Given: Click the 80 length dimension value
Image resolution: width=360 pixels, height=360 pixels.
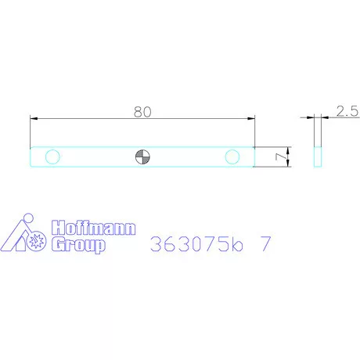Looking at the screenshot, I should [142, 111].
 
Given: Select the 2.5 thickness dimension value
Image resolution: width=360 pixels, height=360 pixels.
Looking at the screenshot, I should [347, 111].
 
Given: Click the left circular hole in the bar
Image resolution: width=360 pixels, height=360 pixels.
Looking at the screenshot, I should [52, 157].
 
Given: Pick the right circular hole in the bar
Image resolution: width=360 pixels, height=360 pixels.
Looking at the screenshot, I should [232, 157].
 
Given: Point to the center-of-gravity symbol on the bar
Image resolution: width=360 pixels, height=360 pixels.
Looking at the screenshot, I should [142, 157].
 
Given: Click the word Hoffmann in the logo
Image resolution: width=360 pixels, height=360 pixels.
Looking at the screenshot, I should [93, 229].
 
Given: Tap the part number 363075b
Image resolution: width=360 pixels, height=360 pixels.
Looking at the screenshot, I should [198, 243].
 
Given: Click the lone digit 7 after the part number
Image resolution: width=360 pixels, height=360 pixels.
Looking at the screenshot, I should [266, 243].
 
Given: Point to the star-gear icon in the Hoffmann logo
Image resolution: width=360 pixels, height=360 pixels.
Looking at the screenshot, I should [34, 243].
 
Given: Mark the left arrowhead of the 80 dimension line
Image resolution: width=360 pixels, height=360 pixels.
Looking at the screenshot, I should [34, 118].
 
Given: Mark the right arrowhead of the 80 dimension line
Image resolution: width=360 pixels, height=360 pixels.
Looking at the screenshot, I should [251, 118].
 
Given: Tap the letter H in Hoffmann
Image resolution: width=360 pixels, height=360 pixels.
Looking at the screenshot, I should [57, 229].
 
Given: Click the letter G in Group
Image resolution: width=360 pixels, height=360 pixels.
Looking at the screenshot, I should [57, 245].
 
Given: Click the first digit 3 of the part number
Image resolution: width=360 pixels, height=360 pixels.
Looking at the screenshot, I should [155, 243].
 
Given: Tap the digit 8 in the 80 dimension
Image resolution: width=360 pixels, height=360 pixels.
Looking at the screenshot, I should [137, 111].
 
